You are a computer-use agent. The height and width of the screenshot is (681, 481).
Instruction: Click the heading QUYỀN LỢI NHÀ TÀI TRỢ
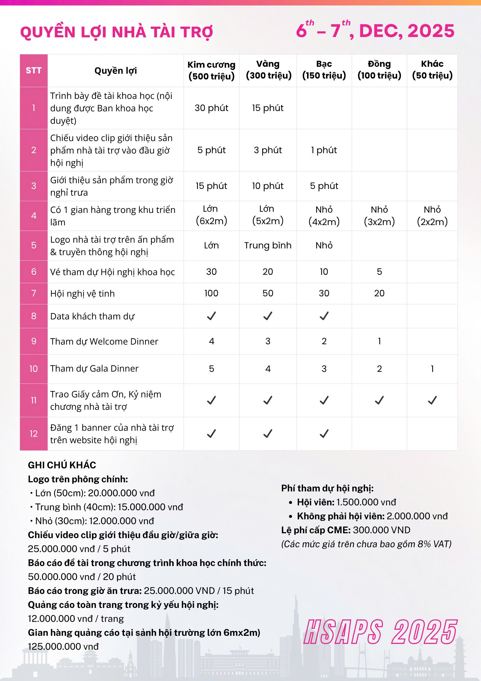[x=117, y=32]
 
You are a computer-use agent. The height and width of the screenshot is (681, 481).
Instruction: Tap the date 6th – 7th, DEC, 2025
[x=375, y=31]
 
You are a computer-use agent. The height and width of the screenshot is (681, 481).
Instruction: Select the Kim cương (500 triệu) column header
[x=211, y=70]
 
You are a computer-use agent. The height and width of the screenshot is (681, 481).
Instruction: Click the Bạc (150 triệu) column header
[x=324, y=70]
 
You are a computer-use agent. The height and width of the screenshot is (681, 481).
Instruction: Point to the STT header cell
[x=33, y=71]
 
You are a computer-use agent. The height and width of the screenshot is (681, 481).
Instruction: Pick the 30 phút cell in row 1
[x=211, y=108]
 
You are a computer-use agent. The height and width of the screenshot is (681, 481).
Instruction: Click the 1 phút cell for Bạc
[x=324, y=150]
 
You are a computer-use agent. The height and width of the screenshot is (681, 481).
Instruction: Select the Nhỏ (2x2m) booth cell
[x=432, y=216]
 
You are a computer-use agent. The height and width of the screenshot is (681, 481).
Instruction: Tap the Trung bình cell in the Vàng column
[x=268, y=245]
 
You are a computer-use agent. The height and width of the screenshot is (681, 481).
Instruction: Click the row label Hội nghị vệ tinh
[x=82, y=294]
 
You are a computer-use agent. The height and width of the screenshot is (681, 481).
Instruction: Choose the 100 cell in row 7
[x=211, y=293]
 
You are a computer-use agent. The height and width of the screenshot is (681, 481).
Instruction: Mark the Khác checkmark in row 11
[x=432, y=400]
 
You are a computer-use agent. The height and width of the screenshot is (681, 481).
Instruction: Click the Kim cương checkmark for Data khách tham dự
[x=211, y=316]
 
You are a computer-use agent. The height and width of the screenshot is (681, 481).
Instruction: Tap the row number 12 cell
[x=33, y=434]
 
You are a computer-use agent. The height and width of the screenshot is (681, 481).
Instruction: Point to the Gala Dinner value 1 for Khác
[x=432, y=369]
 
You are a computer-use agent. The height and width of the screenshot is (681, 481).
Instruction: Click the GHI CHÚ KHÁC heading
[x=62, y=465]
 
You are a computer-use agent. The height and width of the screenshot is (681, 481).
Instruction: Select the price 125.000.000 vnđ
[x=63, y=646]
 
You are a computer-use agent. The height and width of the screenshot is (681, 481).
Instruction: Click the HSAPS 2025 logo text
[x=380, y=632]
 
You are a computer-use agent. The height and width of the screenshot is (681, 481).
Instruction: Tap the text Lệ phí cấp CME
[x=316, y=530]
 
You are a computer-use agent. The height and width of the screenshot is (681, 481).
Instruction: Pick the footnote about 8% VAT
[x=366, y=544]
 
